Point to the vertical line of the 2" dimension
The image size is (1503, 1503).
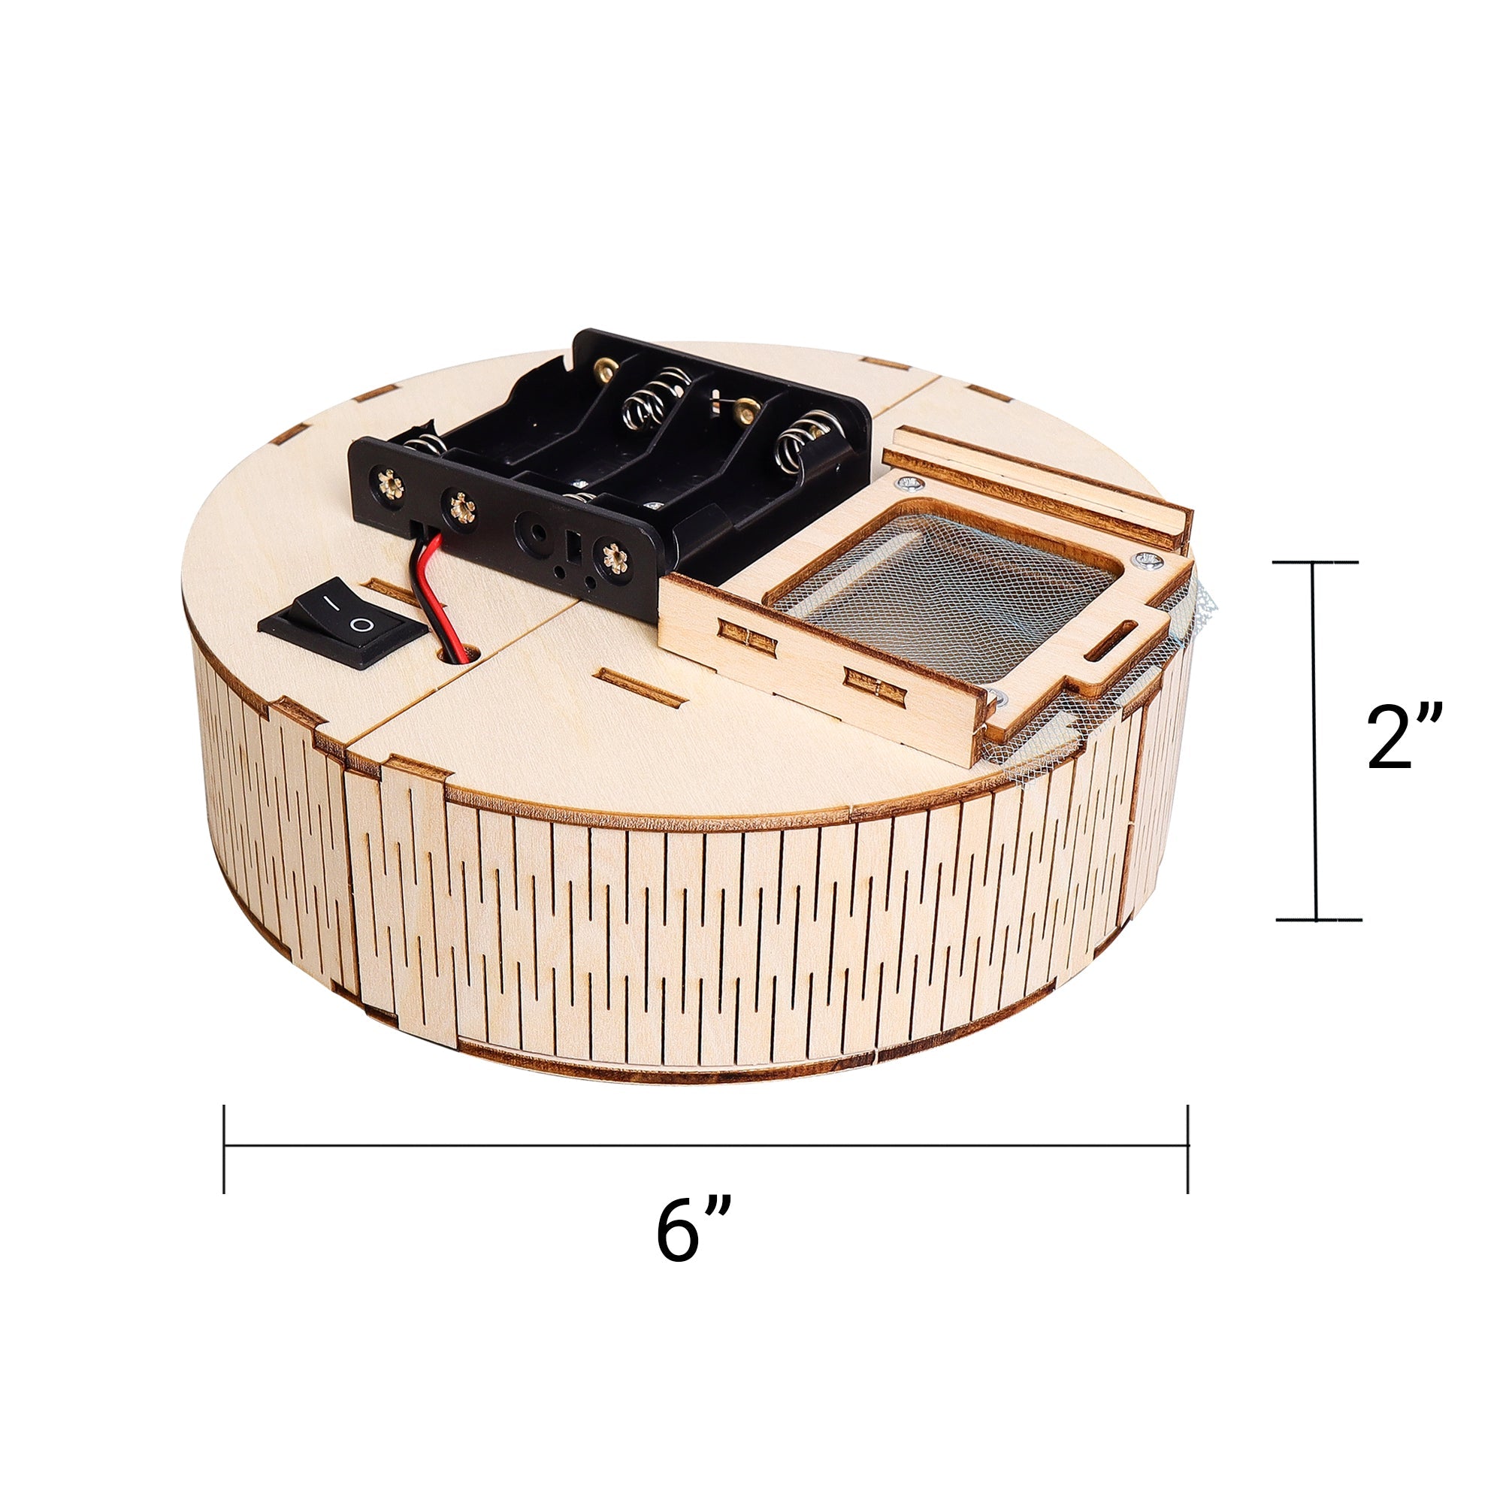coord(1314,739)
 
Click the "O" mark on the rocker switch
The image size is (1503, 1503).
coord(361,624)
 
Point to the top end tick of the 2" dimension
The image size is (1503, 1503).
coord(1316,561)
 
